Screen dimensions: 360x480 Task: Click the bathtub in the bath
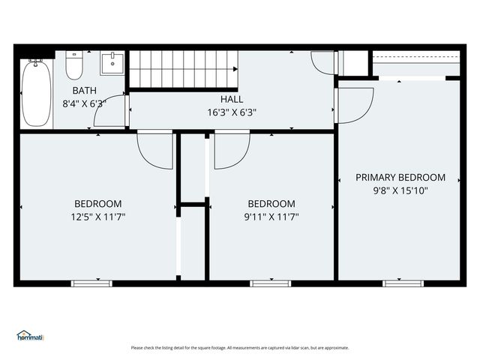pyautogui.click(x=36, y=94)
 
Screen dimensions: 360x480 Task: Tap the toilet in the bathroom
pyautogui.click(x=73, y=66)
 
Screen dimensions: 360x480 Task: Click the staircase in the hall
pyautogui.click(x=184, y=68)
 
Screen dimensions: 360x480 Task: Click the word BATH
pyautogui.click(x=84, y=91)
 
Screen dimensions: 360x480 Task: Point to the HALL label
pyautogui.click(x=232, y=100)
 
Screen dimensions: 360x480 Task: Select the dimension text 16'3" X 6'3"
pyautogui.click(x=232, y=112)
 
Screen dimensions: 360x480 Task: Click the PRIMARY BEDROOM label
pyautogui.click(x=400, y=178)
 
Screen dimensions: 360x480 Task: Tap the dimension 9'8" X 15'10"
pyautogui.click(x=400, y=190)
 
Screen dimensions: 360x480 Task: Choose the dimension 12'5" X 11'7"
pyautogui.click(x=97, y=217)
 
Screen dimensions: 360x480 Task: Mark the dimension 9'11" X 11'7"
pyautogui.click(x=271, y=217)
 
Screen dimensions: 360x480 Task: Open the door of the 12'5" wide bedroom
pyautogui.click(x=154, y=150)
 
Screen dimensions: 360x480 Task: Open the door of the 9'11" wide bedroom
pyautogui.click(x=232, y=150)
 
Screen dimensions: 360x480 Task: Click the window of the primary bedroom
pyautogui.click(x=403, y=283)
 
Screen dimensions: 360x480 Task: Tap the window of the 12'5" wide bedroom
pyautogui.click(x=92, y=283)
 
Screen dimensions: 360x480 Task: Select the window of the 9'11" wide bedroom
pyautogui.click(x=271, y=283)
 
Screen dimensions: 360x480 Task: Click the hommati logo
pyautogui.click(x=30, y=336)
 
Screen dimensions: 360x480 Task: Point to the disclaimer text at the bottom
pyautogui.click(x=240, y=347)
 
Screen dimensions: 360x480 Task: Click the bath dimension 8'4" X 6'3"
pyautogui.click(x=84, y=103)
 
